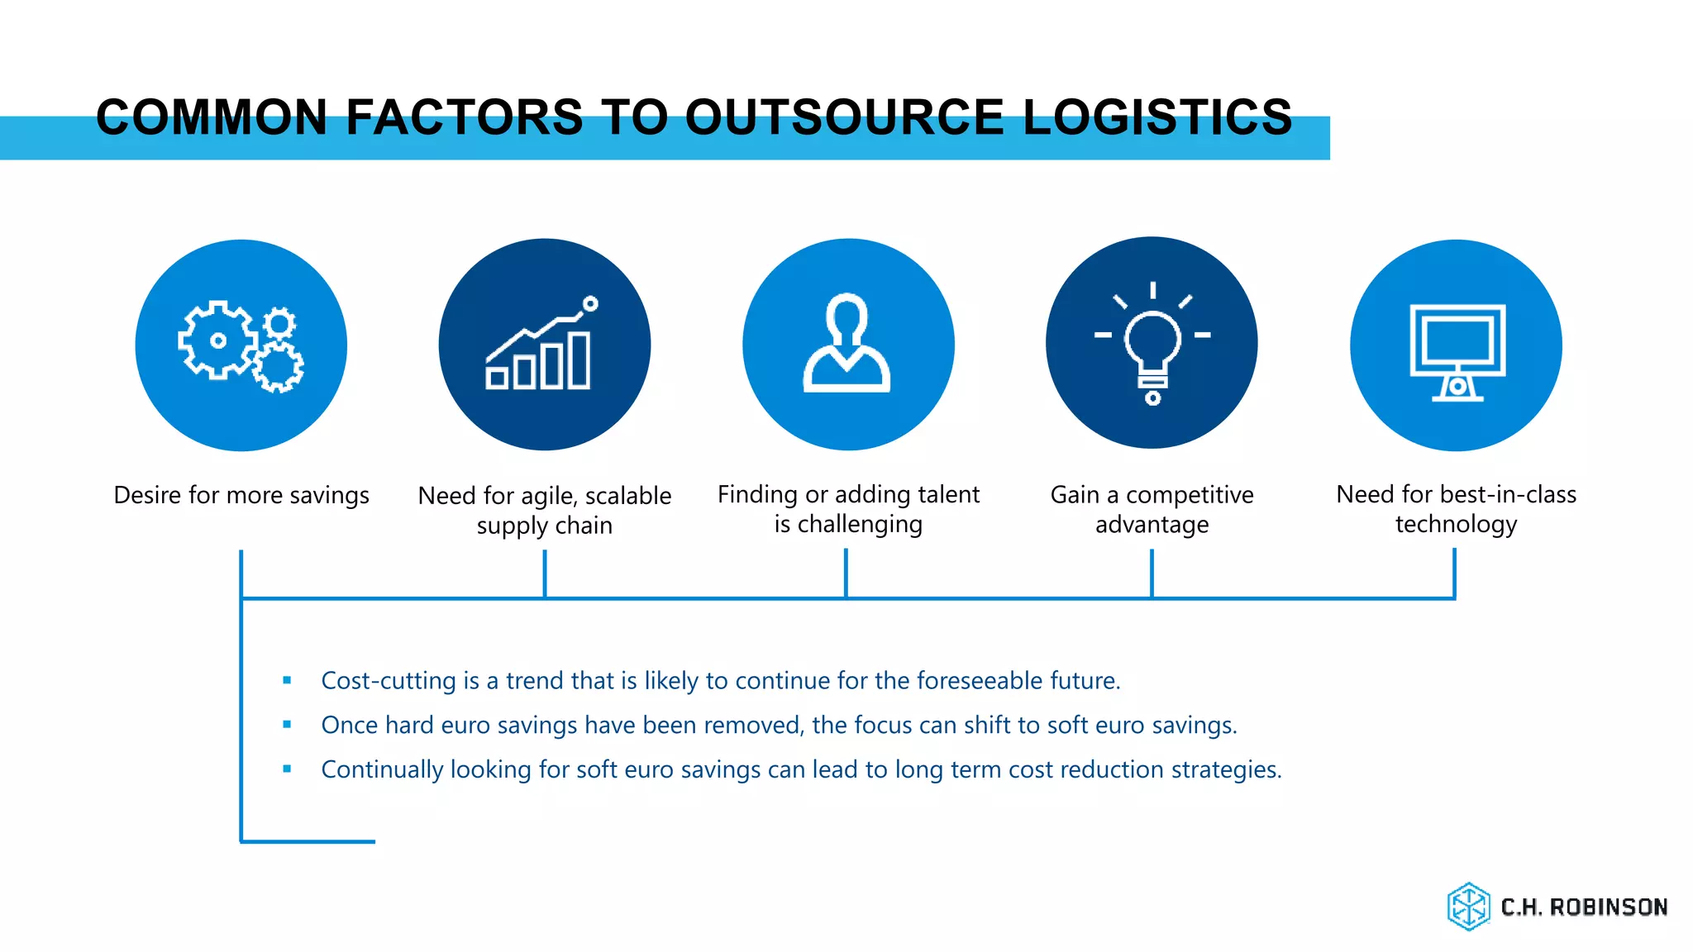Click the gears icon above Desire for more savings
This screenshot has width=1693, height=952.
pyautogui.click(x=241, y=345)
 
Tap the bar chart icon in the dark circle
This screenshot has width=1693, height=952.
pyautogui.click(x=541, y=347)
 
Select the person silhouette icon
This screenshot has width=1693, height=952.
pyautogui.click(x=847, y=343)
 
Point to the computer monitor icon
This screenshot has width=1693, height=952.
pyautogui.click(x=1457, y=352)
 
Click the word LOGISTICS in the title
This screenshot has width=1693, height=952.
pyautogui.click(x=1157, y=117)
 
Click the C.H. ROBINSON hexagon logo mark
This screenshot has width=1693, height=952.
pyautogui.click(x=1468, y=907)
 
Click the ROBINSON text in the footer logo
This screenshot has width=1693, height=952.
pyautogui.click(x=1608, y=907)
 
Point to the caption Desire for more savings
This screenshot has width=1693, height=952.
pyautogui.click(x=241, y=495)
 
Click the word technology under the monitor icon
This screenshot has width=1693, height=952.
pyautogui.click(x=1456, y=525)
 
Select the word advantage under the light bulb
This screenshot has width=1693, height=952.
pyautogui.click(x=1152, y=525)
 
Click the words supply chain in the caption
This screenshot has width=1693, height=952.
pyautogui.click(x=544, y=526)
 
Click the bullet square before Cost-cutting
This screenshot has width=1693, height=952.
pyautogui.click(x=287, y=680)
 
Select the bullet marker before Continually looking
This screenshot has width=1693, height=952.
pyautogui.click(x=287, y=769)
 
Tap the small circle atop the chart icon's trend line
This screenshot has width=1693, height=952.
pyautogui.click(x=590, y=304)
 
